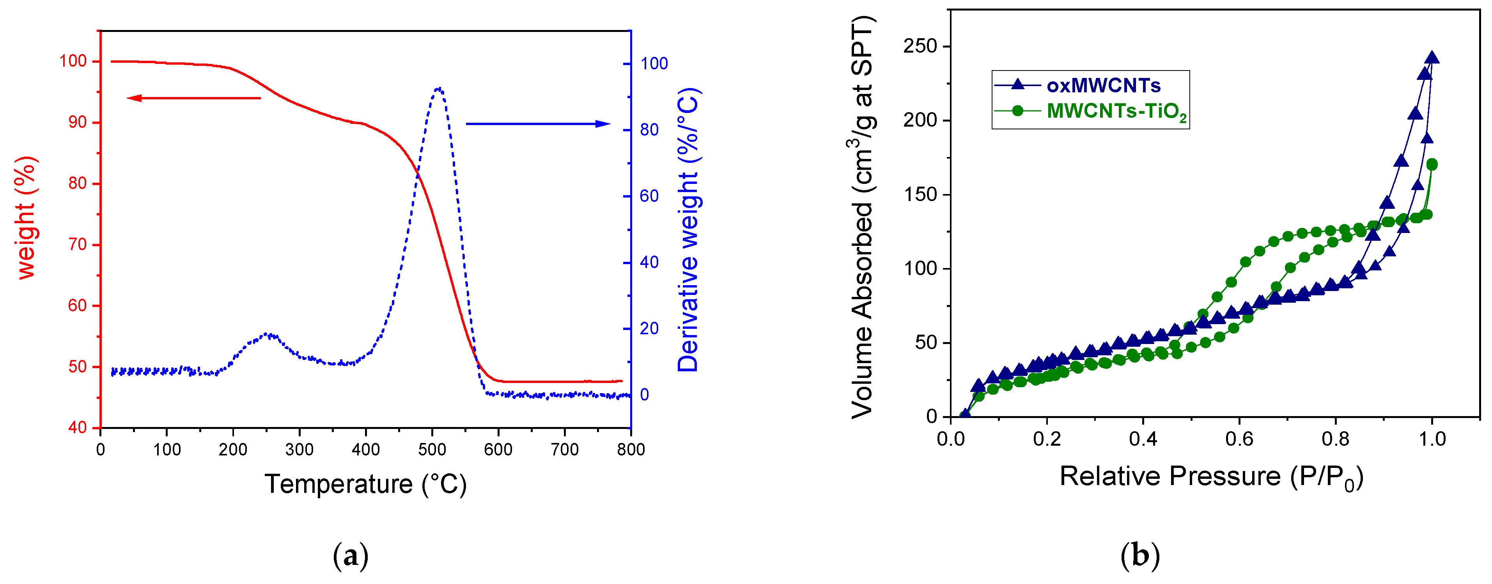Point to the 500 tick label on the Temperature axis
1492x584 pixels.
tap(432, 450)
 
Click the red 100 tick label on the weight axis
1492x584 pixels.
tap(73, 61)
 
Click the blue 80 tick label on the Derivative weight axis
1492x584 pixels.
tap(649, 130)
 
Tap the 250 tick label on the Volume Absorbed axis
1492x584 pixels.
tap(920, 46)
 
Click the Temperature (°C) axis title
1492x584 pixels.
tap(365, 484)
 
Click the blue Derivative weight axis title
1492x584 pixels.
tap(689, 230)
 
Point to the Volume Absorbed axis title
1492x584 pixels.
tap(863, 217)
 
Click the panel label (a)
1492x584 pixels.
tap(351, 556)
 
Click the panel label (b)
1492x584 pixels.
tap(1140, 556)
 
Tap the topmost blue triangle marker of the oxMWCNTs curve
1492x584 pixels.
tap(1432, 57)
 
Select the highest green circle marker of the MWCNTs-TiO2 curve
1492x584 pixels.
tap(1432, 164)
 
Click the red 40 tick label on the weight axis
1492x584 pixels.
tap(77, 428)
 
